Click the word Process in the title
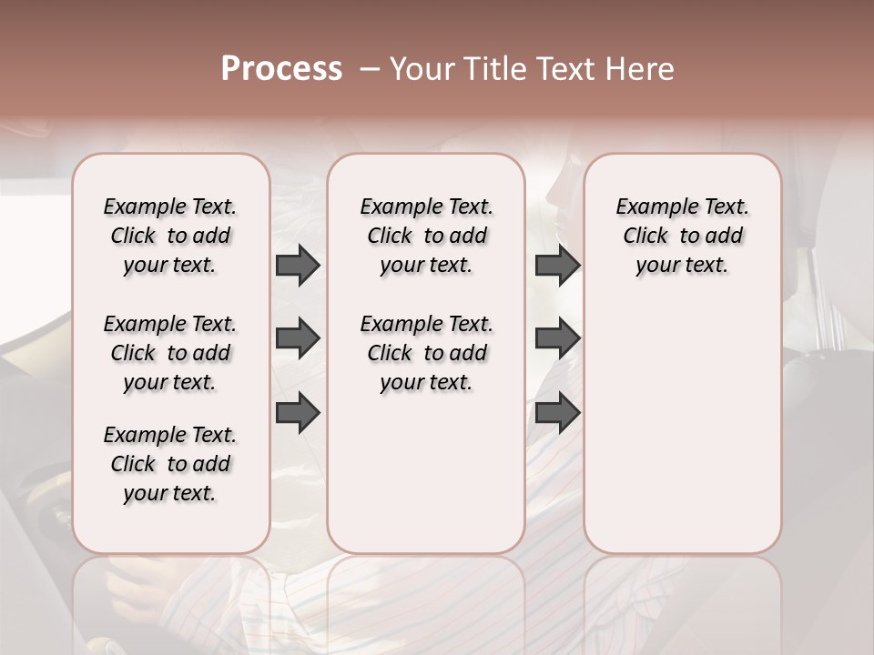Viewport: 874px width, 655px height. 281,68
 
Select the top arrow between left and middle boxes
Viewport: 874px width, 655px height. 298,266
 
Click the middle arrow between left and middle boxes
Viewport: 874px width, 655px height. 298,339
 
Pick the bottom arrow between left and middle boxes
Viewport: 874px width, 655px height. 298,412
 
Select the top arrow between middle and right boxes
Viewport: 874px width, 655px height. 557,266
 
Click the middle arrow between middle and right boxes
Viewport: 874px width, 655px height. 557,339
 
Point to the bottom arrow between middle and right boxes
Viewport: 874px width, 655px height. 557,412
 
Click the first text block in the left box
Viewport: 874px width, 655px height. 170,236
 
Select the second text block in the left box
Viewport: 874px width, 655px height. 170,353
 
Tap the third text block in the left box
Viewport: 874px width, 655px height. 170,464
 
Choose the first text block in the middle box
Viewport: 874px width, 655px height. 426,236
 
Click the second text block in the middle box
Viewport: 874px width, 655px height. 426,353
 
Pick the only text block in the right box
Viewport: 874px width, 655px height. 683,236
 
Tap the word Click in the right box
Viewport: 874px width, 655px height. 645,237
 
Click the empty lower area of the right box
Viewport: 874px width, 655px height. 683,428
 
